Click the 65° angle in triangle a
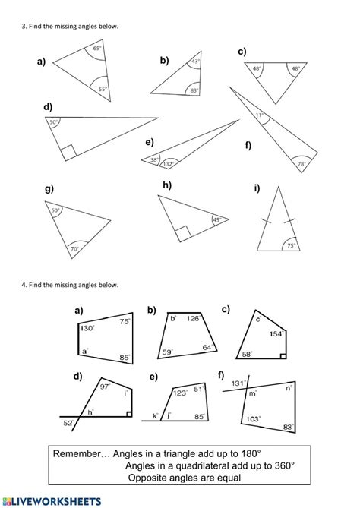[96, 49]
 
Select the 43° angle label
[195, 62]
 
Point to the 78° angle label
[301, 163]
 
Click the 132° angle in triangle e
[169, 162]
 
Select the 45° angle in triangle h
[216, 220]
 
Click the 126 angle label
[191, 318]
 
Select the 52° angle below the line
[68, 423]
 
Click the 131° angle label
[238, 383]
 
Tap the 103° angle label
[252, 418]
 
